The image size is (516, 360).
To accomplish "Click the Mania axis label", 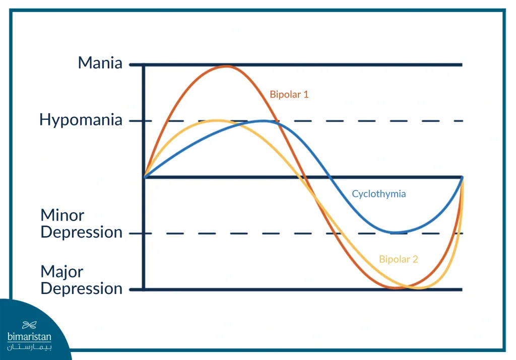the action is (100, 62).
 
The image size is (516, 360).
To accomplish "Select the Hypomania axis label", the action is (81, 120).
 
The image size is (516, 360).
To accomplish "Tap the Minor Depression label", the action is (81, 224).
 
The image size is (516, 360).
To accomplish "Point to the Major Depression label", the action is (81, 280).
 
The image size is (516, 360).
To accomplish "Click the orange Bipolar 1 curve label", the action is (289, 94).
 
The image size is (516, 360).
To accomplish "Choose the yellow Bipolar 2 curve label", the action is (399, 259).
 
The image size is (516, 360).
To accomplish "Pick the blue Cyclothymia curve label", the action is (379, 194).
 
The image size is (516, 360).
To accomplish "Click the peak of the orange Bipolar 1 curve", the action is (226, 66).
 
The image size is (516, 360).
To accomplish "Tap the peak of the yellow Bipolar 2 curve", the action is (217, 121).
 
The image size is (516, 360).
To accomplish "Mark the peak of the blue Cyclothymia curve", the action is (263, 121).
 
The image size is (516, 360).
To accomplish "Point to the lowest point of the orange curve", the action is (397, 288).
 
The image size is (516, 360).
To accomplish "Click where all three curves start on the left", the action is (145, 177).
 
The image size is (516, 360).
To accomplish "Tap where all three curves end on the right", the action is (463, 178).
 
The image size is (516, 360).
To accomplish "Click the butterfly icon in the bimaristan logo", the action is (29, 325).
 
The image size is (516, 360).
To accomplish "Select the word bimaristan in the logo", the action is (29, 337).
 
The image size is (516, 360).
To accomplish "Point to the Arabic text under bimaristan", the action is (29, 347).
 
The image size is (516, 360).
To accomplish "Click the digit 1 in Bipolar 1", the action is (306, 94).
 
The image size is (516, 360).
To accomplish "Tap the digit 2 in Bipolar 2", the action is (415, 259).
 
